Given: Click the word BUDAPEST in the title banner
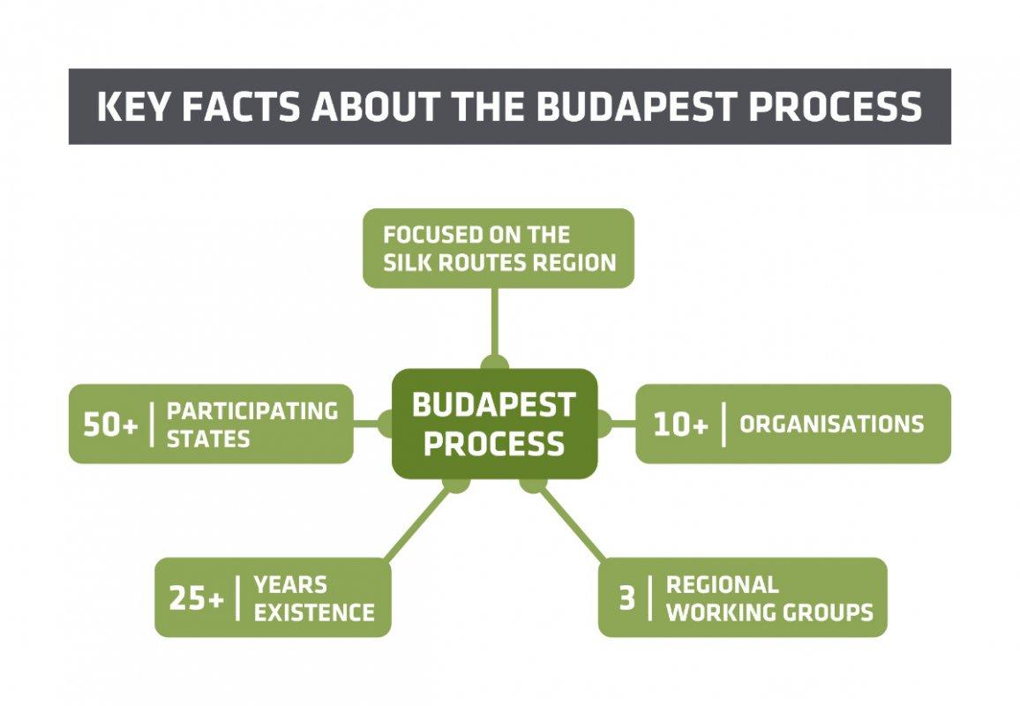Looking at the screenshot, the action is click(x=637, y=106).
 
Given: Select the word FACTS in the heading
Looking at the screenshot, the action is click(x=241, y=106).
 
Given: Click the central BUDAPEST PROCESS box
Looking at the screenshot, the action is click(x=494, y=424).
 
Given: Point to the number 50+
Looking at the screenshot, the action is click(x=110, y=424).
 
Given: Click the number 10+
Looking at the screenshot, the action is click(x=680, y=424).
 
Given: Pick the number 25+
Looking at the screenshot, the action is click(x=197, y=598).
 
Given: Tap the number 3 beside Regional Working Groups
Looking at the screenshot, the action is click(x=626, y=598).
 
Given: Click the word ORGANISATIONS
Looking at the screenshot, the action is click(x=832, y=424).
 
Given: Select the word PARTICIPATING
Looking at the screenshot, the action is click(x=252, y=411).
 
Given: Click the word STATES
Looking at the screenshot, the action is click(x=208, y=439).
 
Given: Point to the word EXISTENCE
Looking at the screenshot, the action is click(x=314, y=612).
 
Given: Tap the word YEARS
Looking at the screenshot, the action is click(x=290, y=585).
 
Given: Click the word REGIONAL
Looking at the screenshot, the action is click(x=722, y=585).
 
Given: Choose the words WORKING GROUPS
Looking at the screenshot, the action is click(x=769, y=612).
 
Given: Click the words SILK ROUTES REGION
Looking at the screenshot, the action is click(x=499, y=262).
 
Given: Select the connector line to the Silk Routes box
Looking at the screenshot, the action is click(x=495, y=323).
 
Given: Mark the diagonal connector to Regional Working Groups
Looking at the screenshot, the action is click(x=571, y=524).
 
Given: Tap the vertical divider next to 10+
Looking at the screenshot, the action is click(x=724, y=424).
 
